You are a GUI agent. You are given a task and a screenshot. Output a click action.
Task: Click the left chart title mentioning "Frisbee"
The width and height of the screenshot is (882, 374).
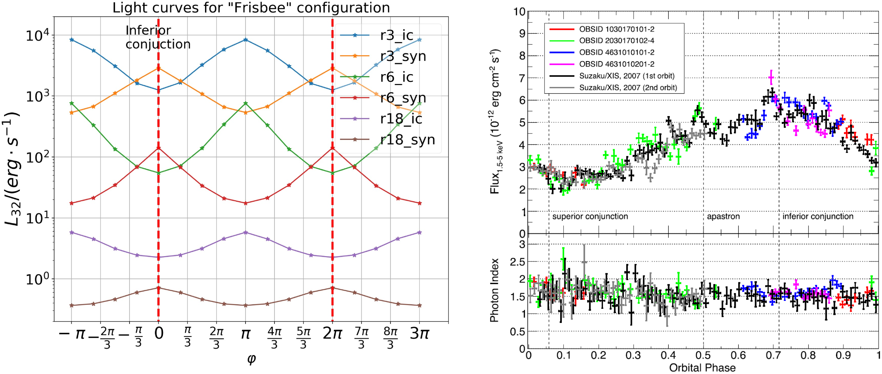(251, 7)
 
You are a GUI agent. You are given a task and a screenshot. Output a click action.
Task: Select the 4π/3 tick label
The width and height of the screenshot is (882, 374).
(274, 337)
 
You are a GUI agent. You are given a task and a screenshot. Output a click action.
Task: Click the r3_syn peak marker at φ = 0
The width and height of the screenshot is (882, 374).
(158, 68)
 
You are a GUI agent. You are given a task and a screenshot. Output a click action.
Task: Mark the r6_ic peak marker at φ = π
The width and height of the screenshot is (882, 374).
(245, 103)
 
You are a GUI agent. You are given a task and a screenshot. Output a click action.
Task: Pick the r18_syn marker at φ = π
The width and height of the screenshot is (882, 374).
(245, 305)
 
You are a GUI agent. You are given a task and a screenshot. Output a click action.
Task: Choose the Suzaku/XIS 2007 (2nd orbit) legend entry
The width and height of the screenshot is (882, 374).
(628, 88)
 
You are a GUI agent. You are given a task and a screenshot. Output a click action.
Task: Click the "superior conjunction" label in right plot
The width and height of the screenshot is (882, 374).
(590, 216)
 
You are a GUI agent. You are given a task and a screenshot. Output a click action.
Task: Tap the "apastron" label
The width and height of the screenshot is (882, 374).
(723, 216)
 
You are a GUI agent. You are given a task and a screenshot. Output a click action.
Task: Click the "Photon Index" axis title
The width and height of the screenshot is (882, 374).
(494, 290)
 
